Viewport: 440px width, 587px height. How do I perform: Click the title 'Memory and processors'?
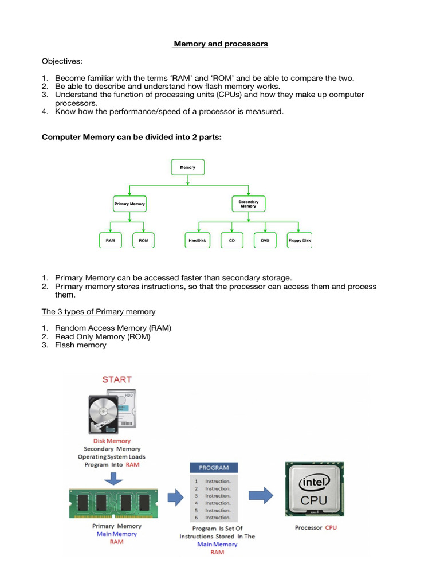(221, 44)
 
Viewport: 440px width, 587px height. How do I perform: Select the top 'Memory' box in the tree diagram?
(188, 167)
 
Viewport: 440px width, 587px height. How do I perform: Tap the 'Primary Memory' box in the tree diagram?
(129, 204)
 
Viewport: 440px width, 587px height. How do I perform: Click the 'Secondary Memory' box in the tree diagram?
(248, 204)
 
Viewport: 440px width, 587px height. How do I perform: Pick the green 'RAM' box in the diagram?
(111, 241)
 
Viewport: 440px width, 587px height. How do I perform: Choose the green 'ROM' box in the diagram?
(143, 241)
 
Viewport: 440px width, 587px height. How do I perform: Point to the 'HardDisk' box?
(198, 241)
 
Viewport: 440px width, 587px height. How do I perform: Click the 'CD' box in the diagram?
(232, 241)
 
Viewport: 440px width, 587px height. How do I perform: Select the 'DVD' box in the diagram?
(265, 241)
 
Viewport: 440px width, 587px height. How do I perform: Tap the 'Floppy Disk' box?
(299, 241)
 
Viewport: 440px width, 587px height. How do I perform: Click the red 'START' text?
(117, 379)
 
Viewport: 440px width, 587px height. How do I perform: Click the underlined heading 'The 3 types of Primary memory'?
(99, 312)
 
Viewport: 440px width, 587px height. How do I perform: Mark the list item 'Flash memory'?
(80, 345)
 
